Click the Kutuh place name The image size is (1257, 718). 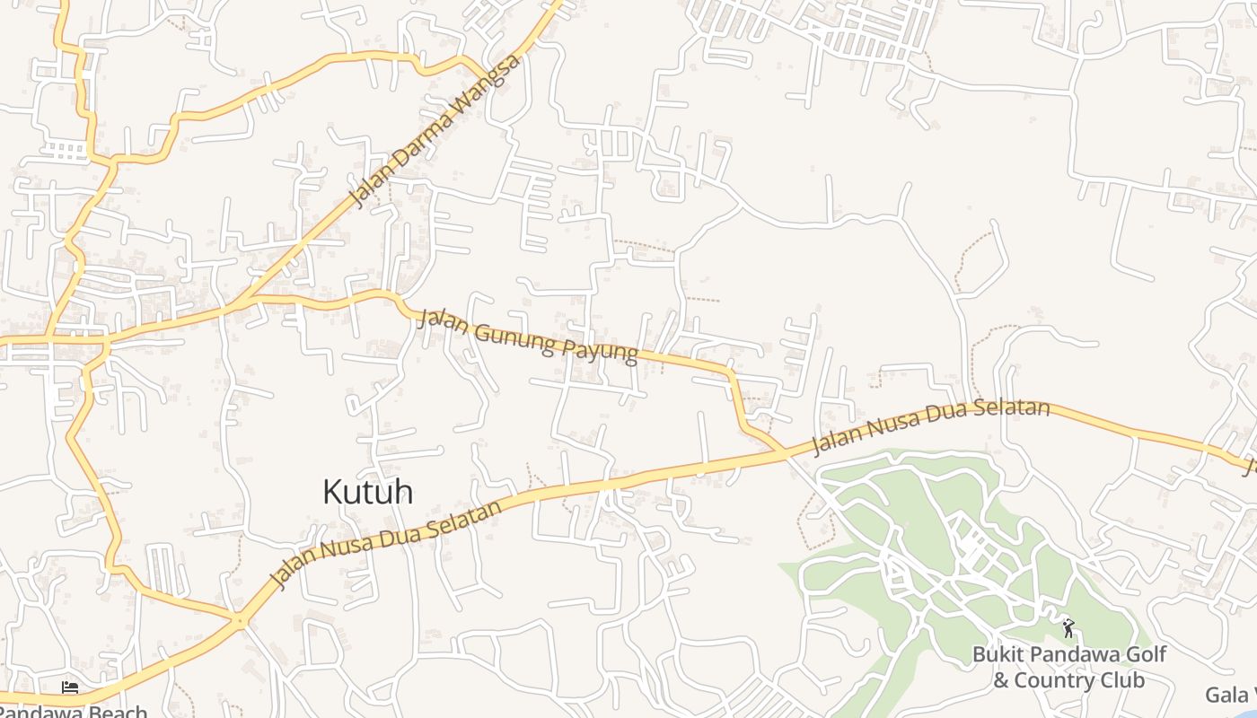click(x=367, y=492)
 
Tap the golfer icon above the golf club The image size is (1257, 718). click(x=1068, y=628)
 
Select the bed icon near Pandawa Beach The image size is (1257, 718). click(x=70, y=688)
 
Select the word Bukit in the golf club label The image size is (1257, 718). click(x=998, y=654)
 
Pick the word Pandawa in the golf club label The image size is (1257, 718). click(x=1069, y=654)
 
